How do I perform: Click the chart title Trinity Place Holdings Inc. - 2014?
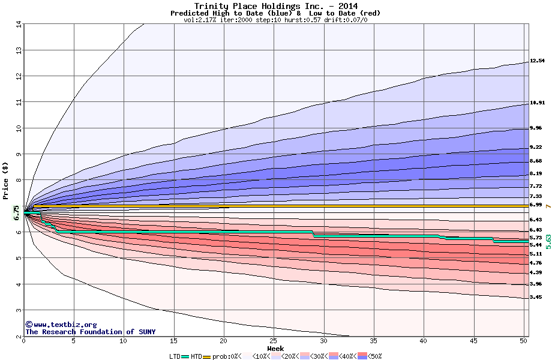tap(276, 6)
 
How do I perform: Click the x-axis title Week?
tap(275, 349)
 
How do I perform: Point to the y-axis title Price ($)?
tap(6, 180)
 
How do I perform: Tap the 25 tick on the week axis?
tap(274, 341)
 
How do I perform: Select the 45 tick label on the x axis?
tap(473, 341)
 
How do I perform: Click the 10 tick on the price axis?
tap(19, 128)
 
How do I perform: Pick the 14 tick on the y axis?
tap(19, 24)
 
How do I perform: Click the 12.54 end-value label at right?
tap(537, 61)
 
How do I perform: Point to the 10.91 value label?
tap(537, 103)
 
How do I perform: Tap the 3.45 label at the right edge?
tap(535, 297)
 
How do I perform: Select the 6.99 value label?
tap(535, 205)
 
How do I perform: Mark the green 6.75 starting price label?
tap(16, 212)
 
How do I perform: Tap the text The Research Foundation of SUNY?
tap(90, 332)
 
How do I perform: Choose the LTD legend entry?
tap(175, 356)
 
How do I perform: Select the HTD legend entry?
tap(196, 356)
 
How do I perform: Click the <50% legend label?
tap(373, 356)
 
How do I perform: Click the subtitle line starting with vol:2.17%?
tap(275, 20)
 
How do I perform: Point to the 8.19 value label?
tap(535, 174)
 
